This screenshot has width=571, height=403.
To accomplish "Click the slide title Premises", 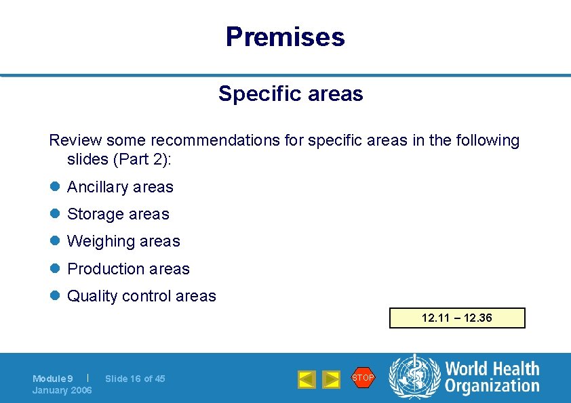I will (x=285, y=37).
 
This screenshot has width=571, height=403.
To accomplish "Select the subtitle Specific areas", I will (x=290, y=93).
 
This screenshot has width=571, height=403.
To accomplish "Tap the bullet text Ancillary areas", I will (x=120, y=187).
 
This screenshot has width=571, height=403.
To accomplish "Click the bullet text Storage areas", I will (x=118, y=214).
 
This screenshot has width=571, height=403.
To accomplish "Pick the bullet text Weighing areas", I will (x=123, y=241).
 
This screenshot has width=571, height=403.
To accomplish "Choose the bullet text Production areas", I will (x=128, y=269).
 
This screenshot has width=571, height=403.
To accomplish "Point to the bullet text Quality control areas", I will (x=141, y=296).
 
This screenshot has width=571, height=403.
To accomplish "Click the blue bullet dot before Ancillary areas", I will (x=54, y=188).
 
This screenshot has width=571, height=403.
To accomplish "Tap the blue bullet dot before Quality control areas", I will (x=54, y=297).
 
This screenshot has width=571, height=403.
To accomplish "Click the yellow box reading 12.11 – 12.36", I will (x=457, y=318).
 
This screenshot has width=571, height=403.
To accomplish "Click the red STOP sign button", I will (x=363, y=377).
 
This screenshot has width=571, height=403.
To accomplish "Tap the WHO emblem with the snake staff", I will (x=414, y=377).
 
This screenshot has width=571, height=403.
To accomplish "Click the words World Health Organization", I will (x=492, y=377).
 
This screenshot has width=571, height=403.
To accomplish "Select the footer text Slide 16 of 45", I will (x=135, y=379).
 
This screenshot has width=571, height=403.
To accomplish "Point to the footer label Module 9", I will (x=53, y=379).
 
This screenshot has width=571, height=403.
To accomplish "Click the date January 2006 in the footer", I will (x=62, y=390).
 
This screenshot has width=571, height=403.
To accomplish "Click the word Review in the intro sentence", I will (x=74, y=141).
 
